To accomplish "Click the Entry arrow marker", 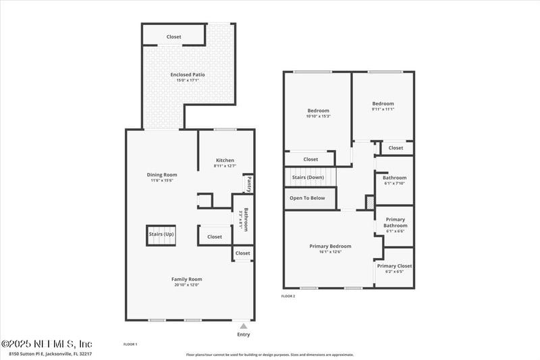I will [x=244, y=326].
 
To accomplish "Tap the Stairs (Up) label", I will [x=161, y=235].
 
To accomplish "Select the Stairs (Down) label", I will [x=308, y=177].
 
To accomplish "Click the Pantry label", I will [x=248, y=184].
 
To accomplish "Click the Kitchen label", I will [x=225, y=160].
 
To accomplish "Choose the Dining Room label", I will [x=162, y=174].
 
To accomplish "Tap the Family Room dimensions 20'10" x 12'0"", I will [x=186, y=285].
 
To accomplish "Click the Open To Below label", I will [x=307, y=198].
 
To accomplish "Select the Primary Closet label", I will [x=394, y=266].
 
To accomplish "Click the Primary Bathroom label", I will [x=395, y=222].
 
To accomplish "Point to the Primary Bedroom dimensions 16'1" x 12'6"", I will [x=330, y=252].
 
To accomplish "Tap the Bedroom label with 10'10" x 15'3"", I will [x=318, y=111].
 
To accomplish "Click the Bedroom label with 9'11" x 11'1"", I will [x=383, y=103].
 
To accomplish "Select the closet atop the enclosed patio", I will [x=173, y=36].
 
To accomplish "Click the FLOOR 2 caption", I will [x=288, y=296].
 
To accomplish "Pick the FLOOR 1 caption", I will [x=130, y=344].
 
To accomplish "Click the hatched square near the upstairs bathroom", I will [x=369, y=202].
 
